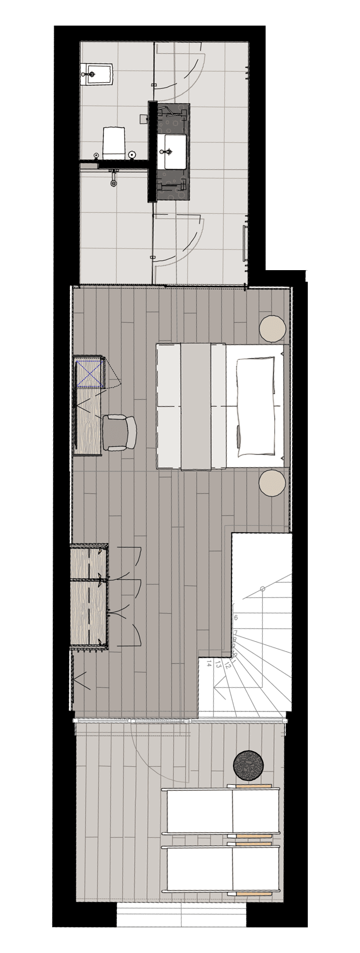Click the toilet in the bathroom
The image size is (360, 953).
(x=113, y=142)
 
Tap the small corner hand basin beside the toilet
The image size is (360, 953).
(x=98, y=74)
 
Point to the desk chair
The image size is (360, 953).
(x=119, y=432)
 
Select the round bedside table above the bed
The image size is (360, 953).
(x=273, y=328)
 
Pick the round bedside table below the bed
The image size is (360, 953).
(x=273, y=483)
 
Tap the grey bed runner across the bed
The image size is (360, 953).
(x=196, y=406)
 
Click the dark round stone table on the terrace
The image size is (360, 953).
(x=249, y=766)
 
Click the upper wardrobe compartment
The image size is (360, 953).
(x=89, y=561)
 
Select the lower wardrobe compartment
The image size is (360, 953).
(x=89, y=611)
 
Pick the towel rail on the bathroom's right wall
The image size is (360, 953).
(x=245, y=243)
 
